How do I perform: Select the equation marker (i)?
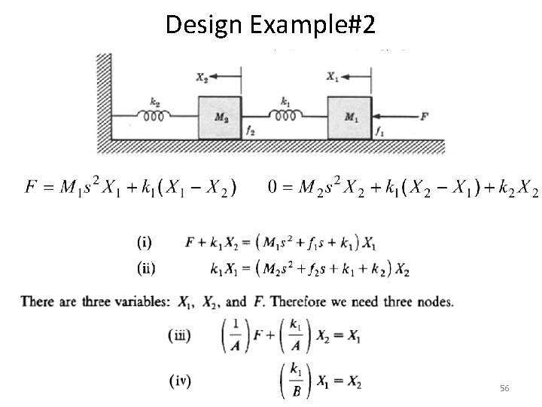click(144, 243)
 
